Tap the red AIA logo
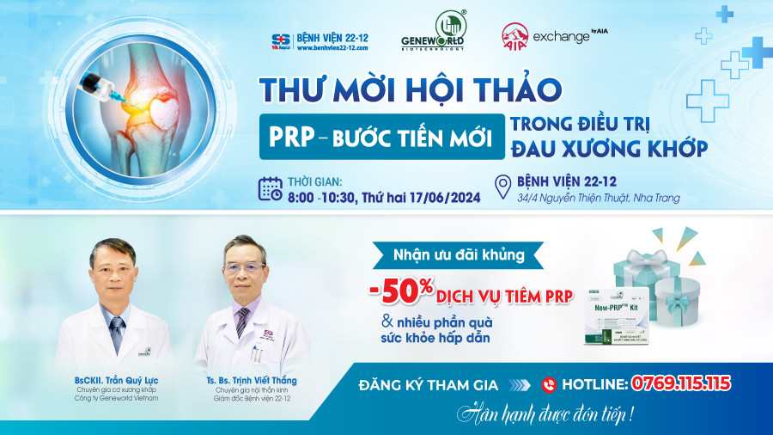tap(514, 36)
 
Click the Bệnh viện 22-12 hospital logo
tap(280, 40)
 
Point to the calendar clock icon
tap(271, 188)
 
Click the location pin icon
tap(503, 187)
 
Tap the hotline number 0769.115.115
tap(681, 383)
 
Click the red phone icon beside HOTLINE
tap(550, 384)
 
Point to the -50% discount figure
tap(401, 291)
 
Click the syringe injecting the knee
tap(98, 85)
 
